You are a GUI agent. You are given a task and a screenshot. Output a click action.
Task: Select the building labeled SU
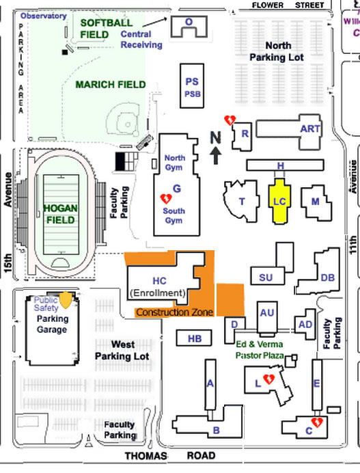266,276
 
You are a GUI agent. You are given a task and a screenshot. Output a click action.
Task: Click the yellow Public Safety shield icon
66,299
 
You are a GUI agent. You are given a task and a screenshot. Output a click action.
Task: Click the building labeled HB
195,338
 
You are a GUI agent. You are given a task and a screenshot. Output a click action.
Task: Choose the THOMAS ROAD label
169,456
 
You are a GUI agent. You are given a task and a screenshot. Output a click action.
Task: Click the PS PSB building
192,86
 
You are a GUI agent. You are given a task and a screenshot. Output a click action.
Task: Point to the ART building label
309,129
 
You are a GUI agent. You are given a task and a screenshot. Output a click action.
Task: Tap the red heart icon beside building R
231,120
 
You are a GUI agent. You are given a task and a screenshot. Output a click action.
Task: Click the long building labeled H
279,165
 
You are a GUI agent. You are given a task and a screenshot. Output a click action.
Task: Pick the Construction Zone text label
174,312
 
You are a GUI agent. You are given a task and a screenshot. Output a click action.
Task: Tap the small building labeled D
234,323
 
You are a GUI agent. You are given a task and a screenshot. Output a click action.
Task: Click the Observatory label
44,16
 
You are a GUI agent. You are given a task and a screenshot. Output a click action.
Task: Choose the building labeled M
315,201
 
